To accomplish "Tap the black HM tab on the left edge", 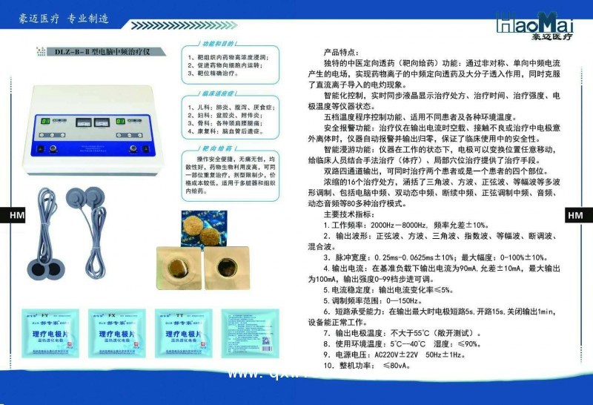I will coord(15,215).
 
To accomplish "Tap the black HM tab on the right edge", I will coord(576,215).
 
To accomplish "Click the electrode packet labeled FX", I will coord(115,333).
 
